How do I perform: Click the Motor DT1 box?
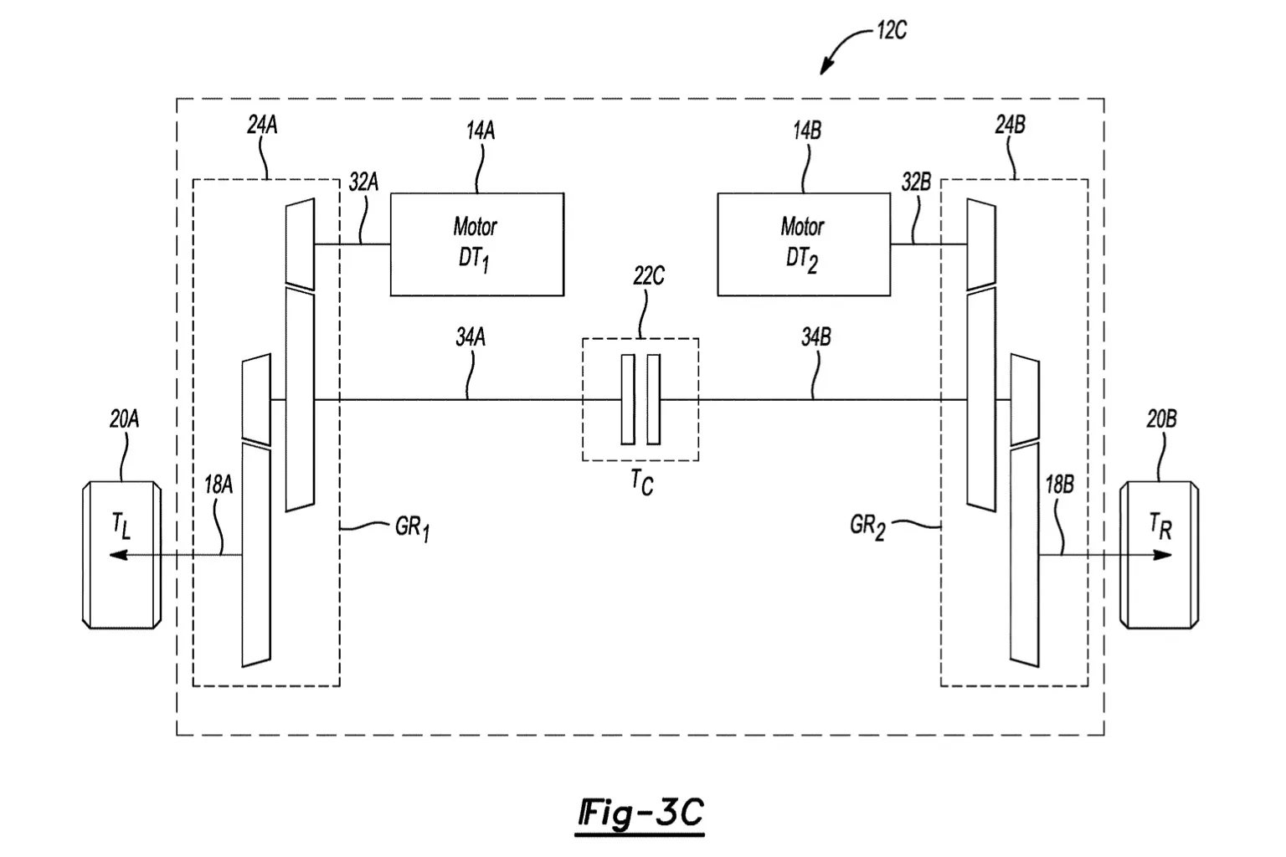tap(477, 244)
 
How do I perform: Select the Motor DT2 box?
tap(804, 244)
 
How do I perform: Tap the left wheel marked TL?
tap(121, 555)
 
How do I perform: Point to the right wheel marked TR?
tap(1159, 555)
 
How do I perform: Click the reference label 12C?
tap(892, 30)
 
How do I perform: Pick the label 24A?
tap(262, 125)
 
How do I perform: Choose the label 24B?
tap(1010, 125)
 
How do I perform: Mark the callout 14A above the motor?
tap(481, 131)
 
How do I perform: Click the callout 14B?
tap(807, 131)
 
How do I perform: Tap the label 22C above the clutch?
tap(649, 276)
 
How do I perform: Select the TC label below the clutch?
tap(642, 481)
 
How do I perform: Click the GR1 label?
tap(412, 527)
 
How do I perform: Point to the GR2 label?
tap(867, 526)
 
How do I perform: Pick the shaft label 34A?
tap(471, 337)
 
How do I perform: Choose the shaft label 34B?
tap(815, 337)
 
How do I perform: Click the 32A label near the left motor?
tap(364, 182)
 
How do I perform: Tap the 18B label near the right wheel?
tap(1059, 485)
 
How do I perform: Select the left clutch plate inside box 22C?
tap(627, 399)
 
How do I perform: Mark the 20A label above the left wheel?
tap(125, 419)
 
